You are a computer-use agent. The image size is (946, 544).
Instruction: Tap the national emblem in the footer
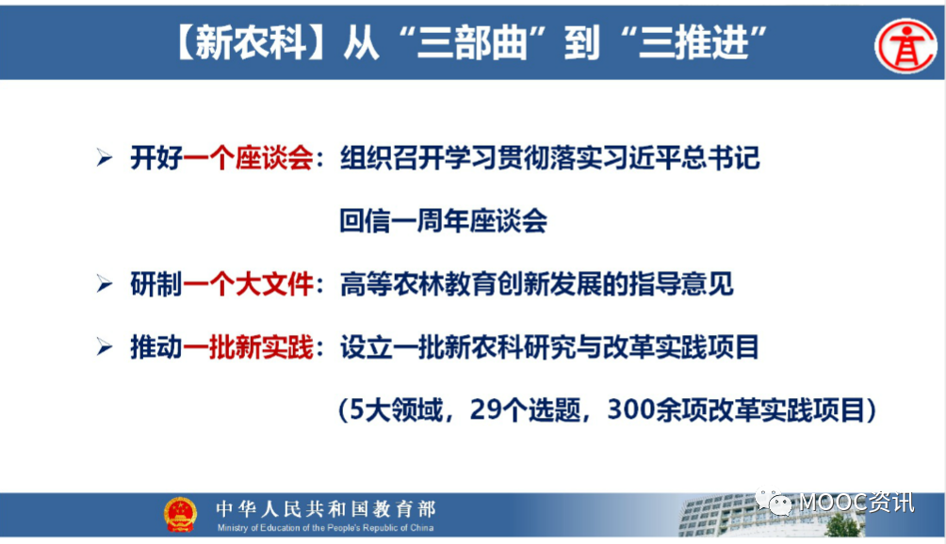180,515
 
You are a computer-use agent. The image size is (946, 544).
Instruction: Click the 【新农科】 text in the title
251,43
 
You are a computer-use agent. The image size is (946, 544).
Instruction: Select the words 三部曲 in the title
471,43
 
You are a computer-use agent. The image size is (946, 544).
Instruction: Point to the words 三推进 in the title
693,43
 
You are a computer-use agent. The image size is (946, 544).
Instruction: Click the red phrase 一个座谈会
248,158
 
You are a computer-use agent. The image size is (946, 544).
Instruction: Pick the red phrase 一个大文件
248,284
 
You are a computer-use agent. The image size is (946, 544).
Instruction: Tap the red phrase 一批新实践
248,347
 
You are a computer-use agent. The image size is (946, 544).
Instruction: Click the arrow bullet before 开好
105,158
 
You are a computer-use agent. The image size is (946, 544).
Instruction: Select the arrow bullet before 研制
105,283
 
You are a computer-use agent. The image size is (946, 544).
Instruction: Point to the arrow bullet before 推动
105,347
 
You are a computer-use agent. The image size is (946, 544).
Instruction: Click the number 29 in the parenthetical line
485,410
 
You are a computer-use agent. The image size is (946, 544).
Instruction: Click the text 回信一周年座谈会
444,221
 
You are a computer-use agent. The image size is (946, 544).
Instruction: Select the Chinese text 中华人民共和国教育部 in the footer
326,509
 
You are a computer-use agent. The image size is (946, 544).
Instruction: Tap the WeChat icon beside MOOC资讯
775,501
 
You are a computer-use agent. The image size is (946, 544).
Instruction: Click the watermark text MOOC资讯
856,502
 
